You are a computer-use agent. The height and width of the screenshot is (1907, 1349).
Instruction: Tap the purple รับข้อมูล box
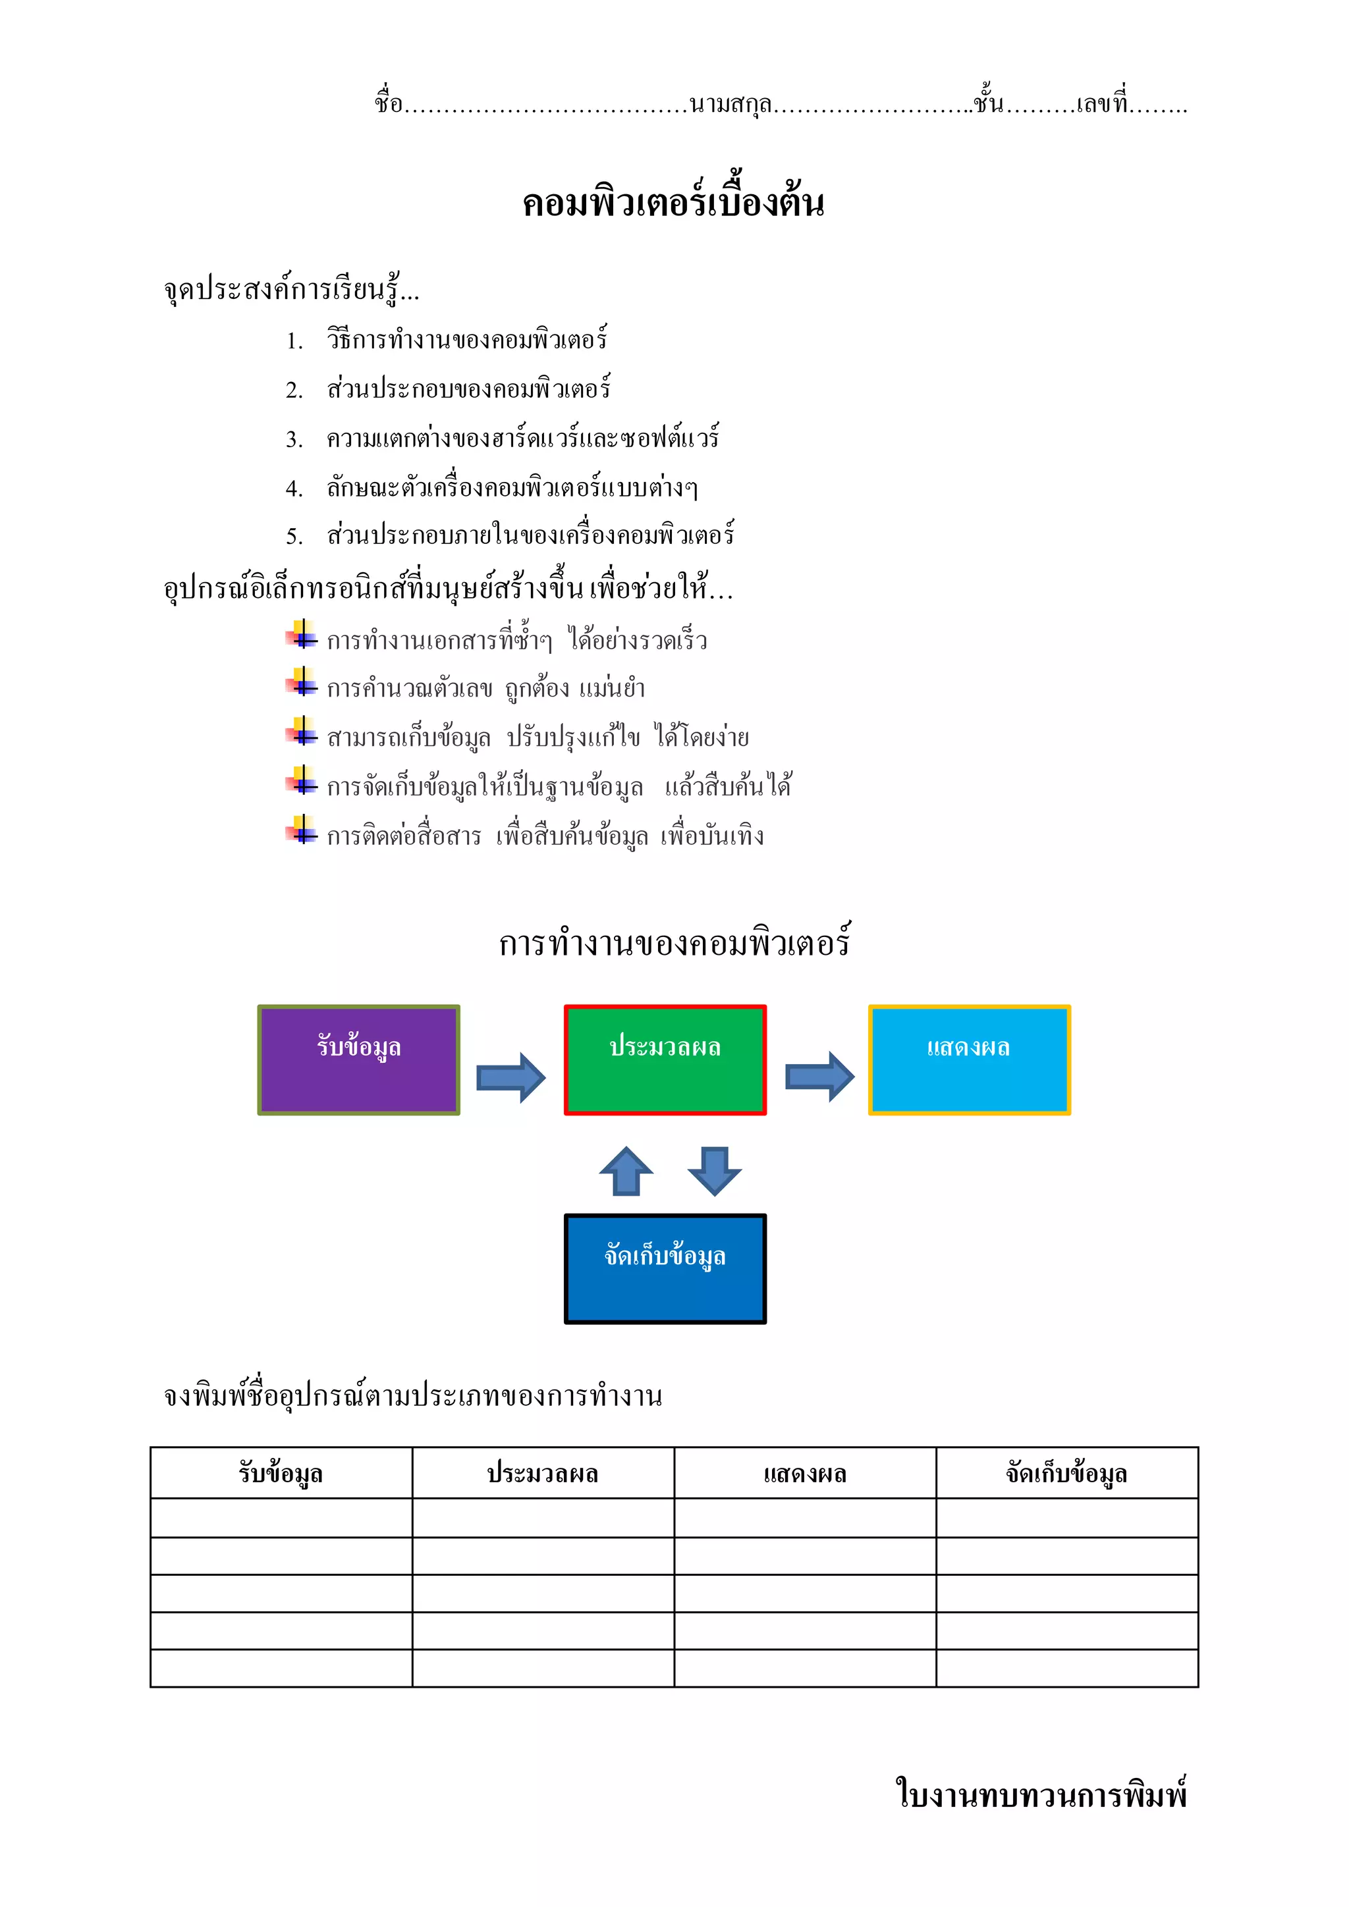coord(359,1060)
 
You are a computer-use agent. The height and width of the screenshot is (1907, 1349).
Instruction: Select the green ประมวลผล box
coord(665,1060)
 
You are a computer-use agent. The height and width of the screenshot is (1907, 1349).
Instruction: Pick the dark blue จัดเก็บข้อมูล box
coord(665,1268)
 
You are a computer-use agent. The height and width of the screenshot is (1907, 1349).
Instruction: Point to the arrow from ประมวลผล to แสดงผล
coord(819,1077)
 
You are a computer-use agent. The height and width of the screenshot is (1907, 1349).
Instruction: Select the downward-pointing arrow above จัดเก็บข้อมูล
coord(715,1171)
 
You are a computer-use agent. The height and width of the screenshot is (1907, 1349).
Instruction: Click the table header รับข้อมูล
coord(281,1474)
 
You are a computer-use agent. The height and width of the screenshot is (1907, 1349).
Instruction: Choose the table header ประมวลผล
coord(542,1474)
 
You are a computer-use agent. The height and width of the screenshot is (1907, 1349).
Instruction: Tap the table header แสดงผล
coord(805,1474)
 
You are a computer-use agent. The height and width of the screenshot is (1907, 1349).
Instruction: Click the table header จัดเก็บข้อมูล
coord(1066,1474)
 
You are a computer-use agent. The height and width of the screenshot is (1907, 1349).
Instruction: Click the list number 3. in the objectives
coord(294,439)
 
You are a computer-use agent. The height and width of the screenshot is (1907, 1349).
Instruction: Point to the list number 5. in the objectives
coord(294,537)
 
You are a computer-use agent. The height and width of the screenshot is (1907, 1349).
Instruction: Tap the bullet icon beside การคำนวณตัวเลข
coord(302,684)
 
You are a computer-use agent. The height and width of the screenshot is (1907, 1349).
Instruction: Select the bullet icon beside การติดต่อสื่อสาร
coord(302,830)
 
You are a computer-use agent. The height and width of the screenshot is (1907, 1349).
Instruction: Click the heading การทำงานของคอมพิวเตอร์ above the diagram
coord(674,944)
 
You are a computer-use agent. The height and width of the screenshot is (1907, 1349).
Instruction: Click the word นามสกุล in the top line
coord(730,105)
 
